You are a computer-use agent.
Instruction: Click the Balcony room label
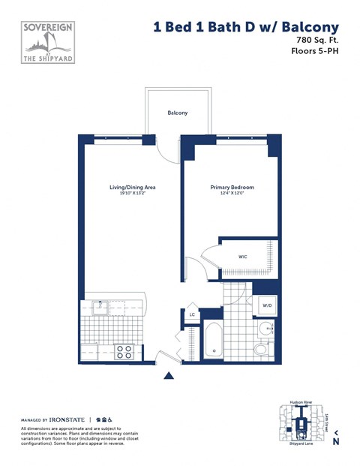(178, 113)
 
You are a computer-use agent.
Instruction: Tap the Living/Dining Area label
(132, 187)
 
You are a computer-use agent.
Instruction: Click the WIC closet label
(243, 257)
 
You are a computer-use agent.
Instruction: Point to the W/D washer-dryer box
(267, 305)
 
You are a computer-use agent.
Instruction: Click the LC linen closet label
(192, 315)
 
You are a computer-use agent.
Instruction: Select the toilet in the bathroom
(261, 348)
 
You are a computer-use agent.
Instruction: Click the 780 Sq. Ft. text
(317, 39)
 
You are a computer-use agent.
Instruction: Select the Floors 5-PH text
(315, 51)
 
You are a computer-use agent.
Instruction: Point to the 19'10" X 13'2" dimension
(132, 194)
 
